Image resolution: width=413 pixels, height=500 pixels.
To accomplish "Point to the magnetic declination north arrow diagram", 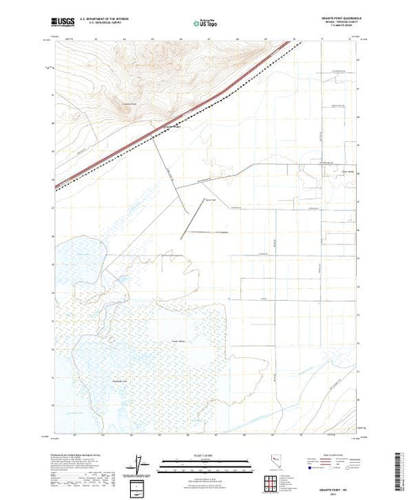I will pos(141,464).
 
